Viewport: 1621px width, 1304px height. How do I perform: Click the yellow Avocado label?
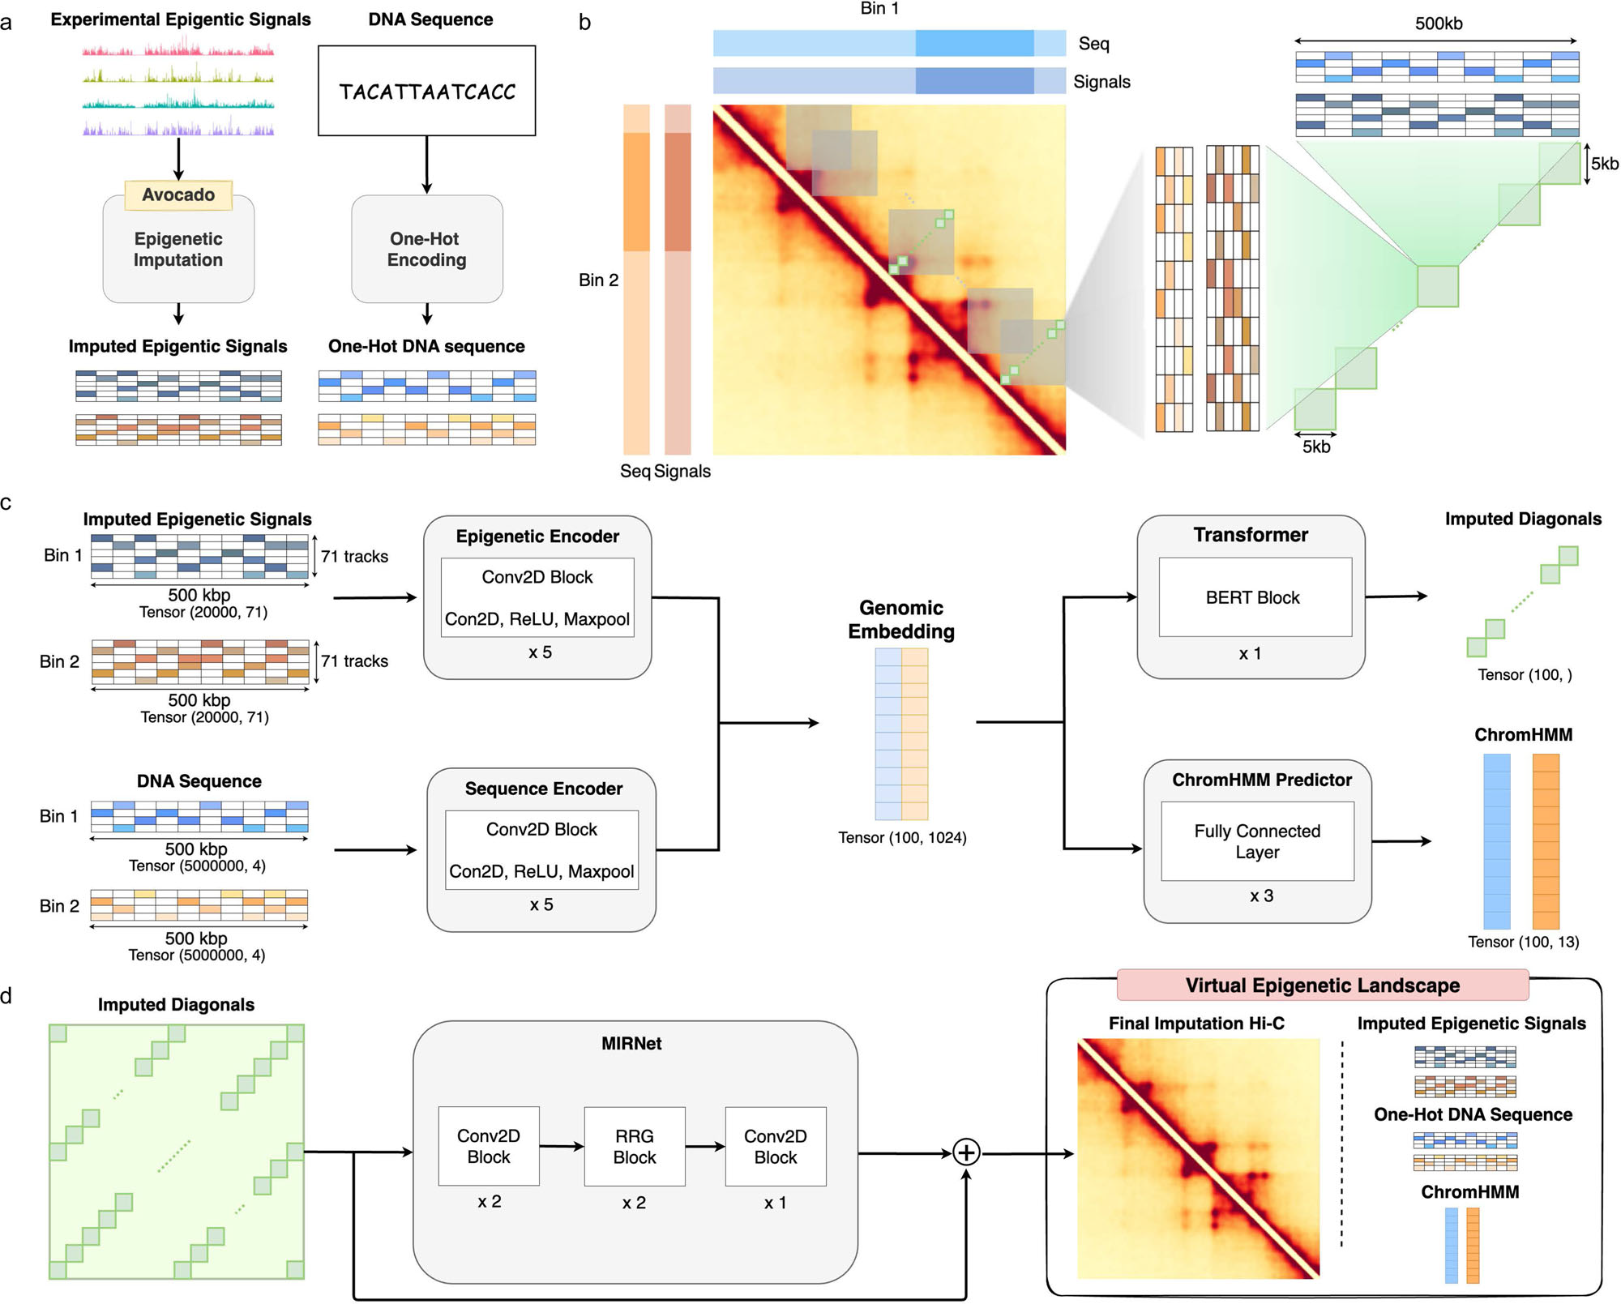[178, 195]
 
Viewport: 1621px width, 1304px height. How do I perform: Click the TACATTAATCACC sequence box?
[427, 91]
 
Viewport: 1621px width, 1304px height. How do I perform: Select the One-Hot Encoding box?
[427, 249]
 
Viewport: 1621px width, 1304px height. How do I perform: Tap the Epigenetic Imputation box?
[178, 249]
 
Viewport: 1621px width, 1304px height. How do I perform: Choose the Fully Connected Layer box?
[1258, 841]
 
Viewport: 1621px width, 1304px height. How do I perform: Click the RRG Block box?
[635, 1147]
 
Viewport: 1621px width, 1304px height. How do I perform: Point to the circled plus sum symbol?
[966, 1152]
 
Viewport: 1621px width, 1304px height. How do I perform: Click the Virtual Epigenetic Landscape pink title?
[1323, 985]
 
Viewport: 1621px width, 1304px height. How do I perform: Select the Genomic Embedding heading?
[901, 619]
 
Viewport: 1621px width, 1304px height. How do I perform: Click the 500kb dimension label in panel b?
[1439, 24]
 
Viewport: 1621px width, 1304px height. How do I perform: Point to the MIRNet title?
[631, 1044]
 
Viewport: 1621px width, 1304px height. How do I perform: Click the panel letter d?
[6, 996]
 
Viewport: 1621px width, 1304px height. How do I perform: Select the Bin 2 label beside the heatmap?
[598, 280]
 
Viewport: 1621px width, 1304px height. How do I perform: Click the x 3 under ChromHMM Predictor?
[1262, 896]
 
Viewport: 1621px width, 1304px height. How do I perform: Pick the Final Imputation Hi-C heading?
[1196, 1024]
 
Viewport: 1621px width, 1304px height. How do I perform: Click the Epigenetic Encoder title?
[537, 537]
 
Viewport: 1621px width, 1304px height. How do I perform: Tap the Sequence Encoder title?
[544, 789]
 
